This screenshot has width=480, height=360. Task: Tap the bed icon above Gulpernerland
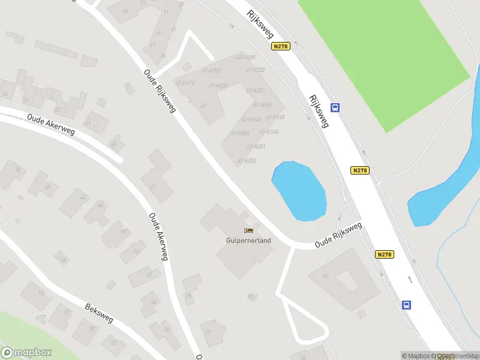click(248, 230)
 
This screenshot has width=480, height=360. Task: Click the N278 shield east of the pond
click(360, 170)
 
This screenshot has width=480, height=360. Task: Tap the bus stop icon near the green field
click(335, 108)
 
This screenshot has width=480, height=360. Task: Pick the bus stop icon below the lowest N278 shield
click(406, 305)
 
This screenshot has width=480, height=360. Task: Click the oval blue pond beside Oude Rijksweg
click(299, 190)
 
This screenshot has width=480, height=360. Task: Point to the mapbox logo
click(26, 353)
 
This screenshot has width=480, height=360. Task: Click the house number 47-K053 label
click(246, 161)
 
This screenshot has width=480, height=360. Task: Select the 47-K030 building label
click(245, 58)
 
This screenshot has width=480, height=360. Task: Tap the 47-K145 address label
click(268, 132)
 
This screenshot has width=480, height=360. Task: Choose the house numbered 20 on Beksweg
click(92, 328)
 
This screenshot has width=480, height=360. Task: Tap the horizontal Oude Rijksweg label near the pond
click(339, 236)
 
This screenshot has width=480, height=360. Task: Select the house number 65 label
click(114, 145)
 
